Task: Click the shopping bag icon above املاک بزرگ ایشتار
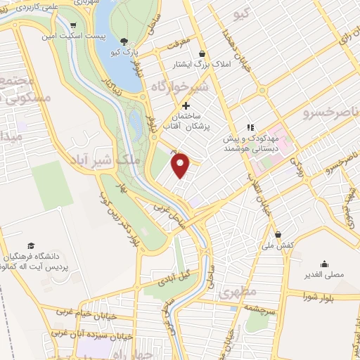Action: [202, 53]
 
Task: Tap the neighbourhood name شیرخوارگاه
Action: [181, 86]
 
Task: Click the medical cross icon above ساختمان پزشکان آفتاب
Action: [186, 105]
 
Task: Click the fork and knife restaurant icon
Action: [250, 127]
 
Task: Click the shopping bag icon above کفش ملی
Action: [279, 234]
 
